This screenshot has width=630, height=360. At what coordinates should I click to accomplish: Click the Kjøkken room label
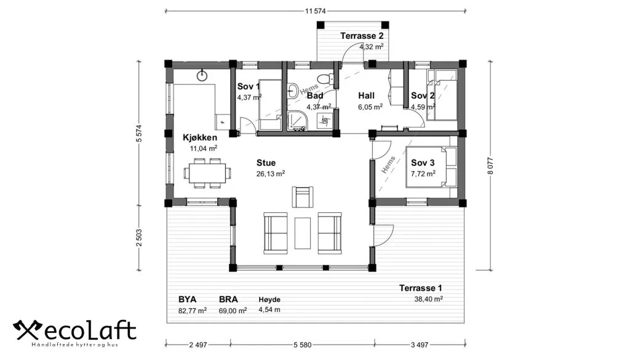[200, 137]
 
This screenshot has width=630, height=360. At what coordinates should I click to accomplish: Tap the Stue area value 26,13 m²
[271, 174]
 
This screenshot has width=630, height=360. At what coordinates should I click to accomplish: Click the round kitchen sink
[202, 75]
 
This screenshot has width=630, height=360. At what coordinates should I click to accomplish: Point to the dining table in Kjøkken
[207, 173]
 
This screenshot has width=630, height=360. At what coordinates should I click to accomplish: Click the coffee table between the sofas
[303, 233]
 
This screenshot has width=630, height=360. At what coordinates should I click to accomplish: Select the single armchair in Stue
[303, 197]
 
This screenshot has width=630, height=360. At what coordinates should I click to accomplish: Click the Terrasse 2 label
[359, 36]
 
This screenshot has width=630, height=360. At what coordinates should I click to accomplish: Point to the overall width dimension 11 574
[316, 11]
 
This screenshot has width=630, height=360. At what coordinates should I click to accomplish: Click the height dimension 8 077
[490, 166]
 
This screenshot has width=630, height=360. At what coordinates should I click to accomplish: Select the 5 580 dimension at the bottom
[303, 345]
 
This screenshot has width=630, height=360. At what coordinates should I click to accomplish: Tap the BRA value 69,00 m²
[233, 310]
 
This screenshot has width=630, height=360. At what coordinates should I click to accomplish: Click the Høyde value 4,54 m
[269, 310]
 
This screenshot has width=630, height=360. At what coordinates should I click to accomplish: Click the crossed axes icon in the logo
[28, 330]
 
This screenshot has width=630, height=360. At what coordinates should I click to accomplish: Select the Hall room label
[367, 95]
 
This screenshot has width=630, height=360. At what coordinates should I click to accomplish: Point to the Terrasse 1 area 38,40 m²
[429, 298]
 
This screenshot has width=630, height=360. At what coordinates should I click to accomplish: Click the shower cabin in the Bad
[298, 121]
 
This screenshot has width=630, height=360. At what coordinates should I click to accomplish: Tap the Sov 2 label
[423, 95]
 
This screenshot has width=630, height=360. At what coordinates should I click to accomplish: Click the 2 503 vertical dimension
[138, 238]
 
